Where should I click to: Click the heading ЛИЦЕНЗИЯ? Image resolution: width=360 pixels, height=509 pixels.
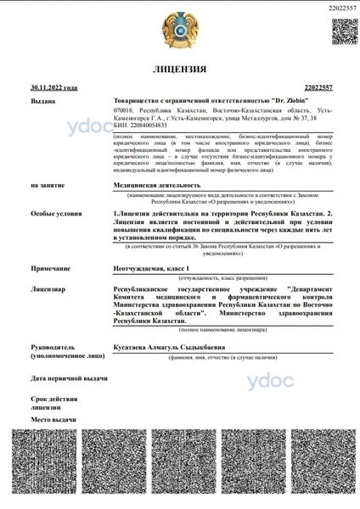click(x=179, y=68)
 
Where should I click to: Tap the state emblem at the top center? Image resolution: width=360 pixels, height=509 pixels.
click(x=180, y=29)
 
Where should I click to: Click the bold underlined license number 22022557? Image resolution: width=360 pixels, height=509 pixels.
click(x=317, y=87)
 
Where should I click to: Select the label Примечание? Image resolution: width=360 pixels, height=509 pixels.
click(x=50, y=266)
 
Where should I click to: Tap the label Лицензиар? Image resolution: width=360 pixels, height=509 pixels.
click(x=48, y=288)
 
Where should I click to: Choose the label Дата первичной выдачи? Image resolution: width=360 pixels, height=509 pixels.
click(x=69, y=378)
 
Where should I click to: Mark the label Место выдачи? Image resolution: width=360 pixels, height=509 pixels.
click(x=53, y=419)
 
